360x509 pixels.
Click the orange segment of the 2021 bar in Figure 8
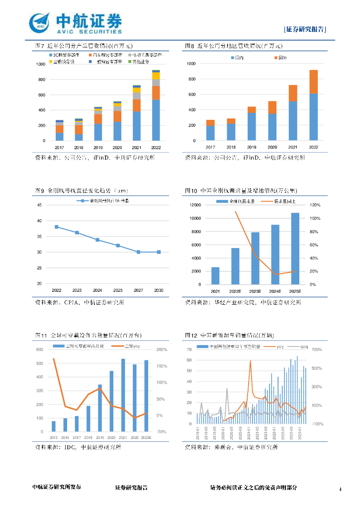tap(293, 93)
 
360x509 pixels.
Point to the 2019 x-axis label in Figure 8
tap(252, 147)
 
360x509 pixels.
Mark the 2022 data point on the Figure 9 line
tap(57, 227)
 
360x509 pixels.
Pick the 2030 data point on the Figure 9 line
tap(159, 252)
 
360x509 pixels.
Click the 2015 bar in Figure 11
tap(54, 426)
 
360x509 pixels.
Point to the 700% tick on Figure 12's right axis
tap(317, 350)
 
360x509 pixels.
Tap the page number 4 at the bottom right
tap(340, 490)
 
